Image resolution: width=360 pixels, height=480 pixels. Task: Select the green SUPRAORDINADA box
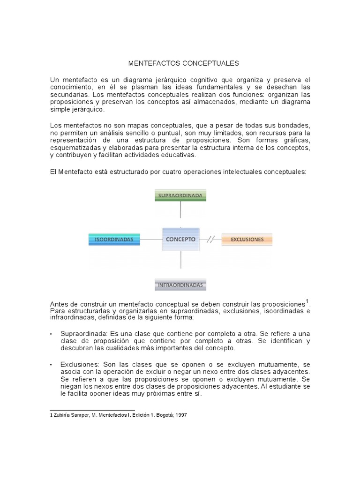click(180, 195)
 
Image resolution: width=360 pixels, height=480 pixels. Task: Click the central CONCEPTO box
click(180, 239)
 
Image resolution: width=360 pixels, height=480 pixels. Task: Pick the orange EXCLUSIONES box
click(247, 240)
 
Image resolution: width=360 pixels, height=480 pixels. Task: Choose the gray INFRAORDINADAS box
click(180, 285)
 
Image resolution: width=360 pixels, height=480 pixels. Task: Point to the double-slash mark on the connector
click(211, 240)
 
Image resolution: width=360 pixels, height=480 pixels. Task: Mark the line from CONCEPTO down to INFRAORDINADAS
click(180, 264)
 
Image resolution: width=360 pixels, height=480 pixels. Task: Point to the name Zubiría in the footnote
click(62, 415)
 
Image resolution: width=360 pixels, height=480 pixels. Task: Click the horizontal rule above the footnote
click(92, 411)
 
